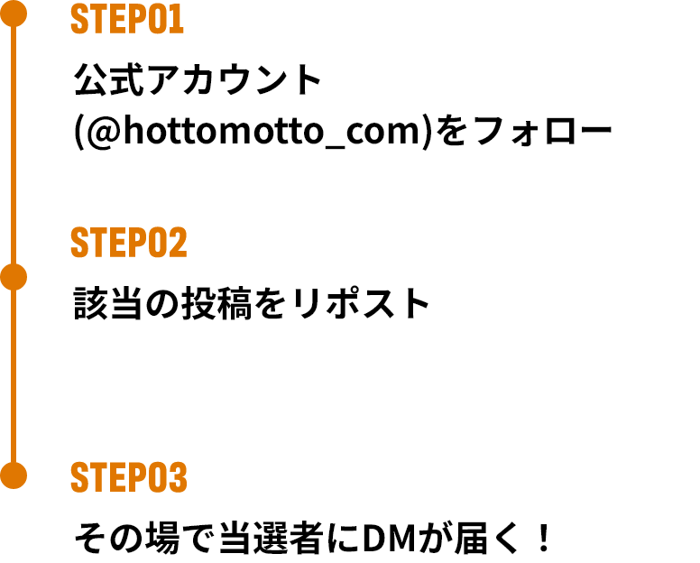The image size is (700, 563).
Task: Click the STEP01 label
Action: tap(127, 20)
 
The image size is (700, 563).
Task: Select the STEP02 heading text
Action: tap(128, 244)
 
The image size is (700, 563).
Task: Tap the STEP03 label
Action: tap(128, 478)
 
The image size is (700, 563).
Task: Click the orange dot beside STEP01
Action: tap(14, 14)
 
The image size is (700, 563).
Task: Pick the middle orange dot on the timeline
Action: tap(14, 277)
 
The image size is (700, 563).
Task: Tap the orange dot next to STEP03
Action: tap(14, 475)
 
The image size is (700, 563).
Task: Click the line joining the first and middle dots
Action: tap(14, 144)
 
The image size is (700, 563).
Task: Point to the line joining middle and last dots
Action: tap(14, 376)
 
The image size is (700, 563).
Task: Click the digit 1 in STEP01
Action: tap(178, 20)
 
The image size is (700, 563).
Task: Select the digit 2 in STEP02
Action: tap(178, 244)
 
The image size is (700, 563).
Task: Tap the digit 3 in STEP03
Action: tap(178, 478)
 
